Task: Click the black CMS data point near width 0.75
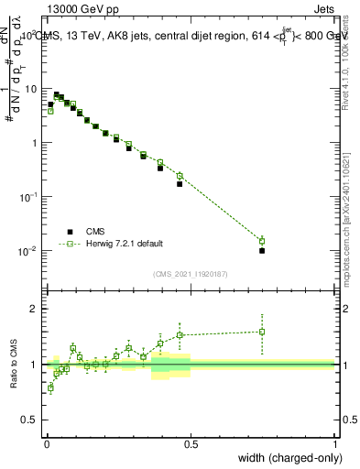pos(262,250)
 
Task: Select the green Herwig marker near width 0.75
pos(262,241)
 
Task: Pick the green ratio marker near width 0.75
pos(262,332)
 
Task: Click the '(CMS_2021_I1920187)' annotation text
pos(190,274)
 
